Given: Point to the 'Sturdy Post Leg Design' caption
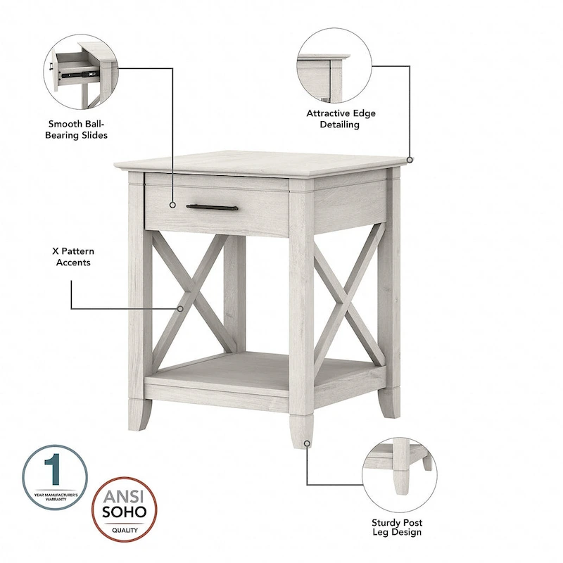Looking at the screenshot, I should [x=397, y=527].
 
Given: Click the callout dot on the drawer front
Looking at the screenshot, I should [x=172, y=205].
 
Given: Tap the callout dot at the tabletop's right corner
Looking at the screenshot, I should [x=410, y=160].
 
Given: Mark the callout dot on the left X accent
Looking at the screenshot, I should [x=181, y=308].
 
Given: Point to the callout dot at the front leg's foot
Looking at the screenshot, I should [x=306, y=443].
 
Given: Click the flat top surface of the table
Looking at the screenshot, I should [x=260, y=162].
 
